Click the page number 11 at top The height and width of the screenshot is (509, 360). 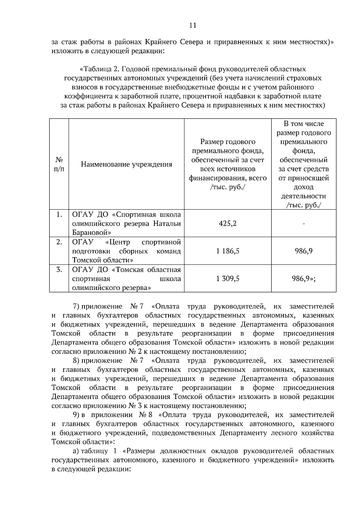[193, 25]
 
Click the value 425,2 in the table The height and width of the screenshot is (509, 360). [227, 223]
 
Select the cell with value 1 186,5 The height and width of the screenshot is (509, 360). [227, 251]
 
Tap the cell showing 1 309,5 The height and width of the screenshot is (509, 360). [227, 278]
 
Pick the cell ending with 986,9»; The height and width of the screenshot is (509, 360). [303, 278]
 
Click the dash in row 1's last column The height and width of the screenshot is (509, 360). [304, 224]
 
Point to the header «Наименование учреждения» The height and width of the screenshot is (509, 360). [126, 164]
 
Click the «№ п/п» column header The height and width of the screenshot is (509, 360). [59, 164]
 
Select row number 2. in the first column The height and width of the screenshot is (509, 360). [59, 242]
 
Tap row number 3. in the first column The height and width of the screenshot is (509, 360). [59, 269]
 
